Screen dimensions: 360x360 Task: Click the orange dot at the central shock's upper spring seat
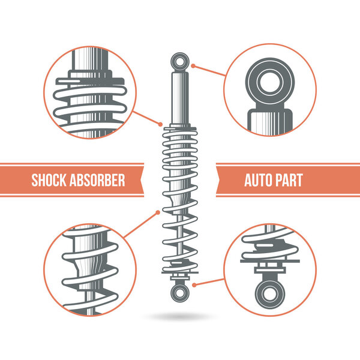coord(161,125)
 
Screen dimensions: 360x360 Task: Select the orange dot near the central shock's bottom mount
coord(196,282)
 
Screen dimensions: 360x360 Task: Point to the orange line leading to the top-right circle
coord(210,70)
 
